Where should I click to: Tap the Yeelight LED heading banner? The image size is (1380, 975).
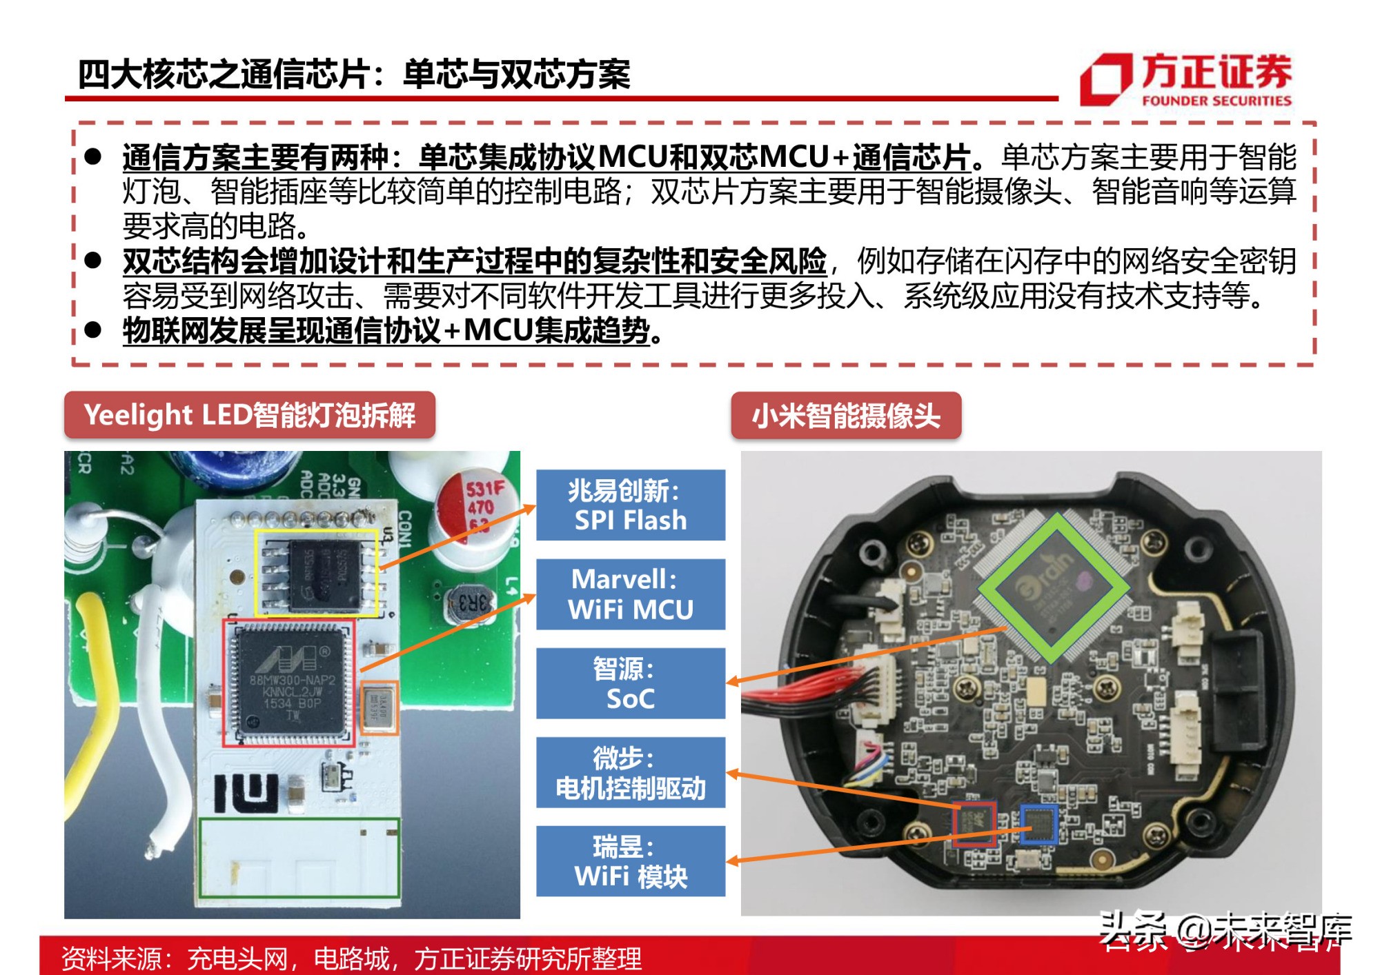[x=249, y=415]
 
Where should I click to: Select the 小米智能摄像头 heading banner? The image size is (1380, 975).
[x=845, y=416]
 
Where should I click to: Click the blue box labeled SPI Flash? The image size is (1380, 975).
[x=630, y=505]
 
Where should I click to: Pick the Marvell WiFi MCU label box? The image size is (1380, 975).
[x=630, y=594]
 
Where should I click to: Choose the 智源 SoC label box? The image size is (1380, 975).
[x=630, y=683]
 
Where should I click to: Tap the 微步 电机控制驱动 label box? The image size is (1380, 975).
[x=630, y=772]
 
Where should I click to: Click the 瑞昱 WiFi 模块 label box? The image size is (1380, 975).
[x=630, y=861]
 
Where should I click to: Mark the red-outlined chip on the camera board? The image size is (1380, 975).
[x=974, y=823]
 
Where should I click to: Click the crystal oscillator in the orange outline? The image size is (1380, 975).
[x=379, y=707]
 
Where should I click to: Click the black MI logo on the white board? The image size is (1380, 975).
[x=246, y=792]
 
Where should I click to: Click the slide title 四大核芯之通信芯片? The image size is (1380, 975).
[x=353, y=74]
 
